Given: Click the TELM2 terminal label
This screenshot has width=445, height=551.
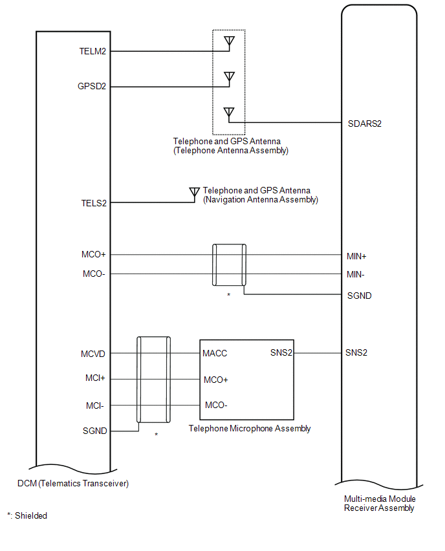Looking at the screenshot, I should pos(93,51).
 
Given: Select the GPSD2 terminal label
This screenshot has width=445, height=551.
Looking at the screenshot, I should pos(93,85).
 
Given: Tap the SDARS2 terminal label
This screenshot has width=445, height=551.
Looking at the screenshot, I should pos(364,123).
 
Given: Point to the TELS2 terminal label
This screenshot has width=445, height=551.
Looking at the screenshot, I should pos(94,203).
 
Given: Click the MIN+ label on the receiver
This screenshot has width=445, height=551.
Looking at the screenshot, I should pos(356,256).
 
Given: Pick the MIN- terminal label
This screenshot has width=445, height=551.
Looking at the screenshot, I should pos(356,275).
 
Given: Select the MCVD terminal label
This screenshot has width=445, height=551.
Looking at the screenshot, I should pos(93,354).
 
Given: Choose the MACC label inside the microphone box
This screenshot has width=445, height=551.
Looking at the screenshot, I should pos(215,354).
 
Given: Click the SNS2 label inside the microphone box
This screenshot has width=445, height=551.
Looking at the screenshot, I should pos(281,354).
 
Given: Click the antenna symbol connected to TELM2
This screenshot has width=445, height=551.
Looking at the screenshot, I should pos(228,42).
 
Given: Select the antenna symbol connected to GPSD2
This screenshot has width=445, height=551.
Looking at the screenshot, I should pos(228,78).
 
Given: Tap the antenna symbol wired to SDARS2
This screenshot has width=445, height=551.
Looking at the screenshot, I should pos(228,113).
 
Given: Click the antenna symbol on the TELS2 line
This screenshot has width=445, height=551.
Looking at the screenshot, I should pos(193,193).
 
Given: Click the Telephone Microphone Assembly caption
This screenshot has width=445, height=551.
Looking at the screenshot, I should pos(250,429).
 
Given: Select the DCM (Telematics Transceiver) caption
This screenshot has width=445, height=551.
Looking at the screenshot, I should pos(73,484).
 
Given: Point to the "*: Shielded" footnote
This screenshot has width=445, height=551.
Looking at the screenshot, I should pos(27,515).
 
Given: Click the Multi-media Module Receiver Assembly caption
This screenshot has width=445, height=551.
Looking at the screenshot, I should pos(380,503).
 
